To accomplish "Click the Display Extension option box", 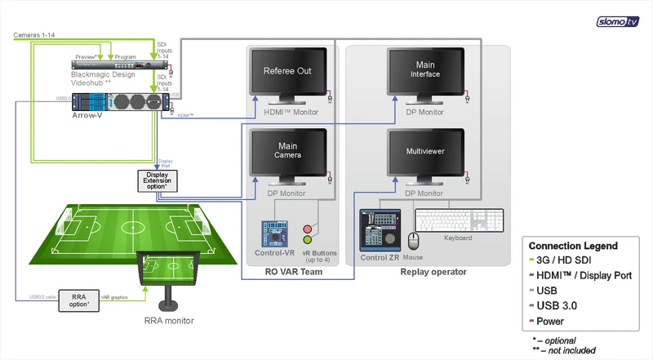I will [x=156, y=178].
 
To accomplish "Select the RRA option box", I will [x=79, y=300].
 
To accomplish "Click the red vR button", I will [x=308, y=229].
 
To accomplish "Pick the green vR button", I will [x=308, y=241].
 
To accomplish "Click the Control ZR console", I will [x=381, y=230].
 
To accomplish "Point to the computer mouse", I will [x=414, y=240].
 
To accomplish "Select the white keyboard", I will [x=460, y=221].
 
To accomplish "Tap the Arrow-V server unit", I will [x=122, y=103].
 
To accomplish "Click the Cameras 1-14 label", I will [x=33, y=36].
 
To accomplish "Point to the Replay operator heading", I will [x=433, y=272].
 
